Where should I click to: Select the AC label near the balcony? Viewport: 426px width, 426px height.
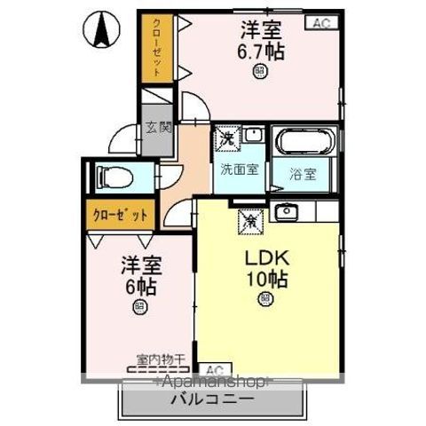[212, 369]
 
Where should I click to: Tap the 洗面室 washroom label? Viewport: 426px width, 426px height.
[240, 170]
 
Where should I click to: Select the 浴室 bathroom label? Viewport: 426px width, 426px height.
[304, 173]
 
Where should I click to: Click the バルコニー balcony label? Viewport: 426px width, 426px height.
[212, 400]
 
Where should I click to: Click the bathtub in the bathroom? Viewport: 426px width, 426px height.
[304, 141]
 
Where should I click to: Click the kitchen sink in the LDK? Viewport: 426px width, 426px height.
[286, 212]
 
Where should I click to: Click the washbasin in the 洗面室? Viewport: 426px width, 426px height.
[253, 135]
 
